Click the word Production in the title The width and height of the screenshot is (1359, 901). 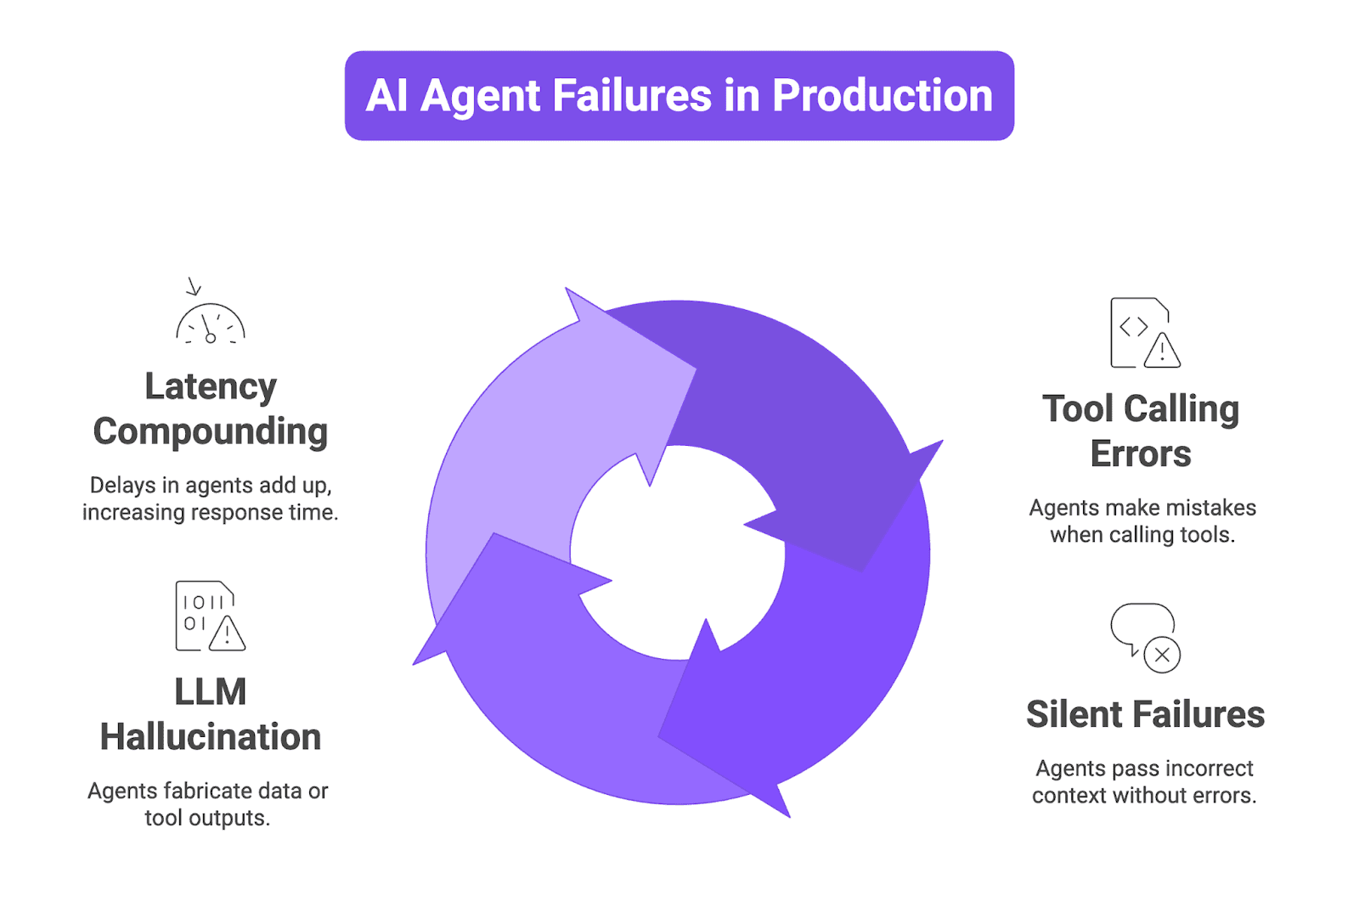click(882, 96)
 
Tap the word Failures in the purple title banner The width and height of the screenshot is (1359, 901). click(632, 96)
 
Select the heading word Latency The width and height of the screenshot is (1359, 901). click(211, 387)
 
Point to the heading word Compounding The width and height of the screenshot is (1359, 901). click(211, 432)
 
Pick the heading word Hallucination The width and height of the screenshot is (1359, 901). click(211, 737)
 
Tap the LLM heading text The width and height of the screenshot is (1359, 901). click(211, 692)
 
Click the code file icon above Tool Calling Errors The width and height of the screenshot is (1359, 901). click(1143, 333)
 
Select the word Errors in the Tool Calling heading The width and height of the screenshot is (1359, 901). click(1141, 454)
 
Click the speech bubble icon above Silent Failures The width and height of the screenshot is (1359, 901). click(1142, 628)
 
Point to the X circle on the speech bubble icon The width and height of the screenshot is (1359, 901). click(1162, 655)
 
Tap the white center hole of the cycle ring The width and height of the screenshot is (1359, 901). click(678, 552)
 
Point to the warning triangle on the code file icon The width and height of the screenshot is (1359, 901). click(1162, 351)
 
